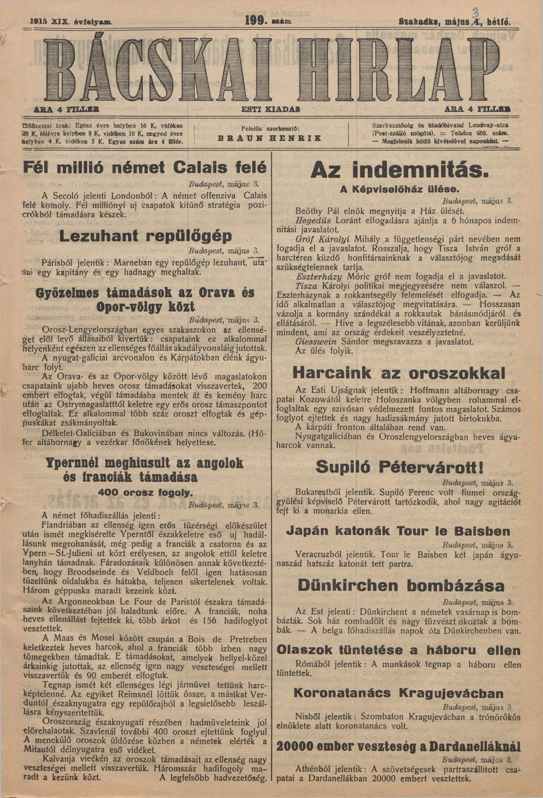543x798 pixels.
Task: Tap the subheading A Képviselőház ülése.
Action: pos(399,189)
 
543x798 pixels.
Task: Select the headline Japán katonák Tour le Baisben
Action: pos(398,532)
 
